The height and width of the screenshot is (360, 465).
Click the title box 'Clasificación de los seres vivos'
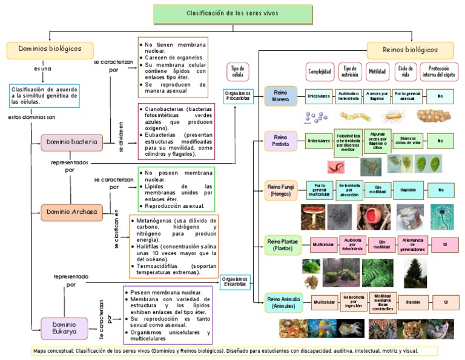point(232,14)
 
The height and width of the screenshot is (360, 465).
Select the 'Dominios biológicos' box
point(50,49)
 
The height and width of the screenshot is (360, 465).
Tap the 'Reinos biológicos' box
point(410,50)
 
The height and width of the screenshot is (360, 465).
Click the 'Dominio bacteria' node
point(71,143)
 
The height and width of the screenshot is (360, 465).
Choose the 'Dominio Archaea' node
point(71,212)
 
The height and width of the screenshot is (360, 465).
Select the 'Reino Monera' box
point(281,96)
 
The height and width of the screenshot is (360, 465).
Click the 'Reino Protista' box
point(281,141)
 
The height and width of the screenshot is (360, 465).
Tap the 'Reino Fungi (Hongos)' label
point(281,190)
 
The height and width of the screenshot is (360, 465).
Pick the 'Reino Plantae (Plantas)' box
point(283,245)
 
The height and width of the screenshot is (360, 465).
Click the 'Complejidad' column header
point(320,72)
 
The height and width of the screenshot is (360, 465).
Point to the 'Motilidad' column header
point(377,72)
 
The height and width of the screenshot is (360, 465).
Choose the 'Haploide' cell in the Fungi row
point(408,190)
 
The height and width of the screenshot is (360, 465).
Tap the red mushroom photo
point(314,216)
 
